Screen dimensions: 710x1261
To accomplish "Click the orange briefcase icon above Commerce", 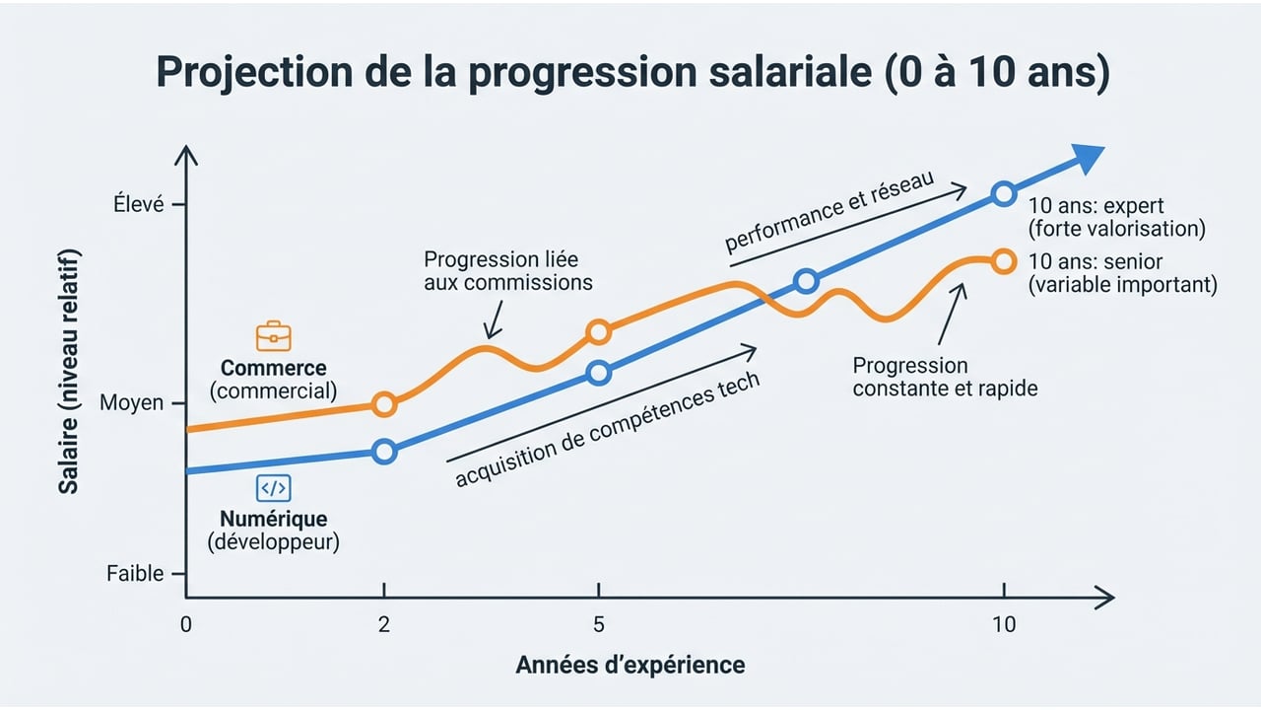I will point(273,336).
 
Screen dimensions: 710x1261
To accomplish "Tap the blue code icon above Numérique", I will point(273,488).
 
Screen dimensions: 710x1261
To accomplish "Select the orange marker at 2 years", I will point(384,404).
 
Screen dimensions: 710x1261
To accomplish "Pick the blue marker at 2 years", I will point(384,451).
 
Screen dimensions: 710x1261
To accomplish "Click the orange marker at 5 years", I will point(598,331).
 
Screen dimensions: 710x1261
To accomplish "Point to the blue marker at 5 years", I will point(598,373).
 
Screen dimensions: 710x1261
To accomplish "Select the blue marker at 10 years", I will point(1003,194).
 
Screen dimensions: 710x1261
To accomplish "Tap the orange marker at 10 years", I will point(1003,261).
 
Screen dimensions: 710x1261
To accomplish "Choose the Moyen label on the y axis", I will point(132,403).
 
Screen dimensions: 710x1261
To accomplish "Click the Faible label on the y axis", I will point(135,574).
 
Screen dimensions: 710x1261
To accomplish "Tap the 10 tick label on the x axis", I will point(1003,624).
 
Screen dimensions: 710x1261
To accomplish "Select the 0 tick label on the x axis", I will point(185,624).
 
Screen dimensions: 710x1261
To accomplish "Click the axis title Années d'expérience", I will point(630,665).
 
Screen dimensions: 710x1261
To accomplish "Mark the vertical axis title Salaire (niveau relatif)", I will point(68,371).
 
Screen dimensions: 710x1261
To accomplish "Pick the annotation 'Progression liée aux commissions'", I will point(507,271).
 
